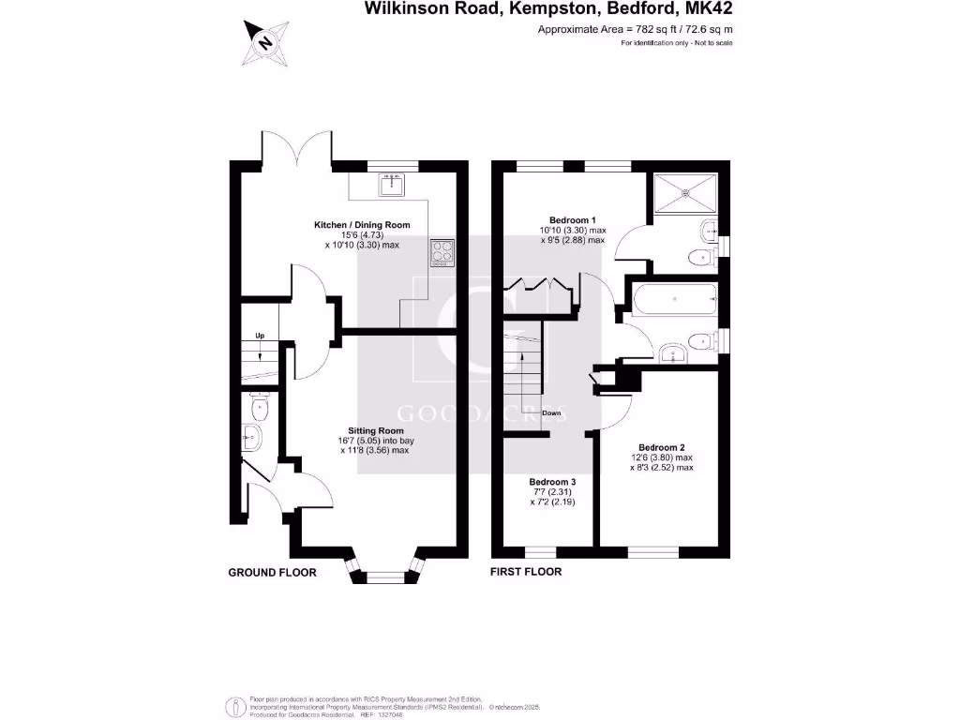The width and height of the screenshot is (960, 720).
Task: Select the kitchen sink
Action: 391,185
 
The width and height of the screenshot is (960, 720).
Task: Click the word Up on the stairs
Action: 262,336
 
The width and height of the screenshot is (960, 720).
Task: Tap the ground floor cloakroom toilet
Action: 259,406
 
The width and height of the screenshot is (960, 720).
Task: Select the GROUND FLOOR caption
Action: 272,572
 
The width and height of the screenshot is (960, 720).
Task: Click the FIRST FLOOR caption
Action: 526,572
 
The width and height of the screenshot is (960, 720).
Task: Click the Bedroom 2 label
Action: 661,447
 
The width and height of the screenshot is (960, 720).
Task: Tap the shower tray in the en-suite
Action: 689,192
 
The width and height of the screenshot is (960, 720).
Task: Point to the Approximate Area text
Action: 635,30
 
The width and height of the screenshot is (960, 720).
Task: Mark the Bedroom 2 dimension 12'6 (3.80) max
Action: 661,457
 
